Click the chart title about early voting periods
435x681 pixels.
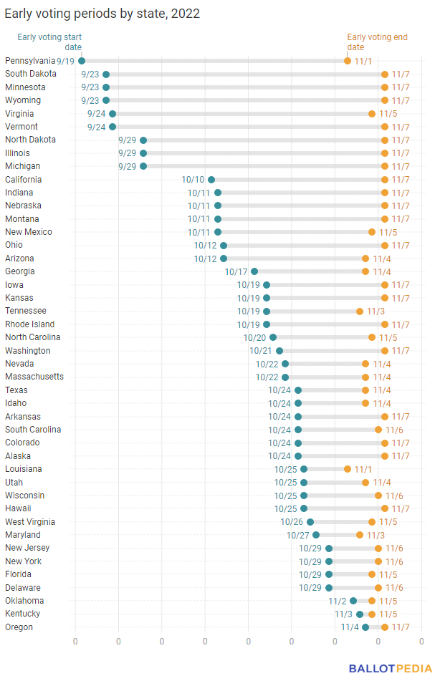[102, 14]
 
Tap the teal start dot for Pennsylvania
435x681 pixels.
[82, 61]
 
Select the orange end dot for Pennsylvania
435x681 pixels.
[348, 61]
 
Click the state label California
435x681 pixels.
[23, 179]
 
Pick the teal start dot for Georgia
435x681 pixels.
[254, 271]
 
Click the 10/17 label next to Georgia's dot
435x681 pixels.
[236, 271]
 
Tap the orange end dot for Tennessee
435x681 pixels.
[360, 311]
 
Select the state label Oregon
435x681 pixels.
[19, 627]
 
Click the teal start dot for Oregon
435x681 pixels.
[365, 627]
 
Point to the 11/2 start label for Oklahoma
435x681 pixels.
[338, 601]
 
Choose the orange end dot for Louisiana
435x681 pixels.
[348, 469]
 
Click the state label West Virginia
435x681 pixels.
[30, 522]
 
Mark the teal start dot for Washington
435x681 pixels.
[279, 351]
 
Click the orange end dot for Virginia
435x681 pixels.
[372, 114]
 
